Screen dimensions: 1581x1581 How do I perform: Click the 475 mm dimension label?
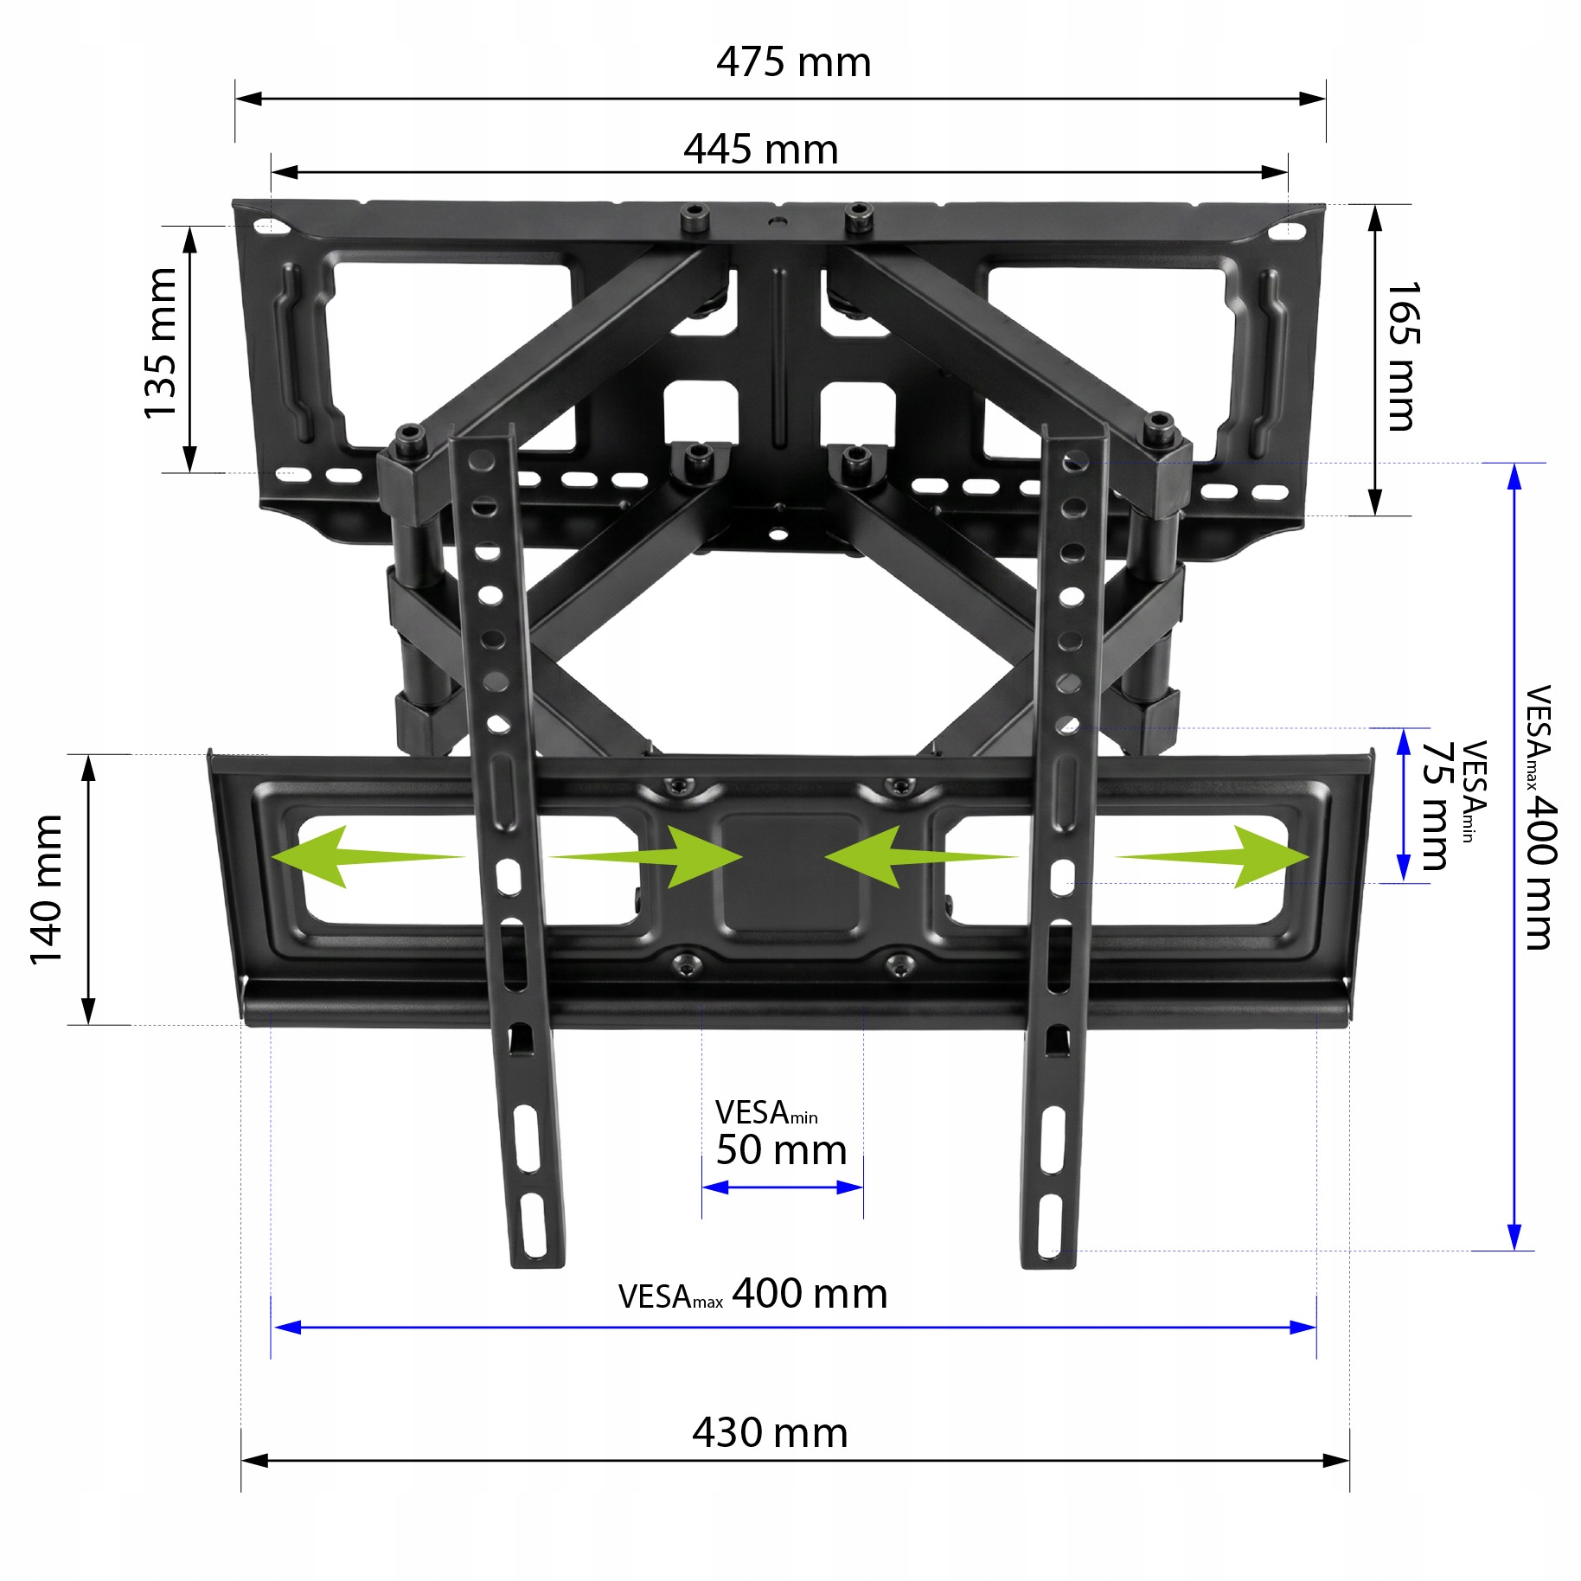[793, 62]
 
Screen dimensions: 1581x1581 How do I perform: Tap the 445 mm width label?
[761, 150]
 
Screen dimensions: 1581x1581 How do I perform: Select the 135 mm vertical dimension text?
[161, 343]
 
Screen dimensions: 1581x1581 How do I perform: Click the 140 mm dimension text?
[47, 889]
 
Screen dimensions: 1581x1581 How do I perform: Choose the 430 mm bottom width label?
[770, 1433]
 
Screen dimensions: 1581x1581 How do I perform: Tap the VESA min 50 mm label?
[781, 1134]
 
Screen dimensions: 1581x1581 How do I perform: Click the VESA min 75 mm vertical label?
[1453, 805]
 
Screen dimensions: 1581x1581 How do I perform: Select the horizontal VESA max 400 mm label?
[753, 1295]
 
